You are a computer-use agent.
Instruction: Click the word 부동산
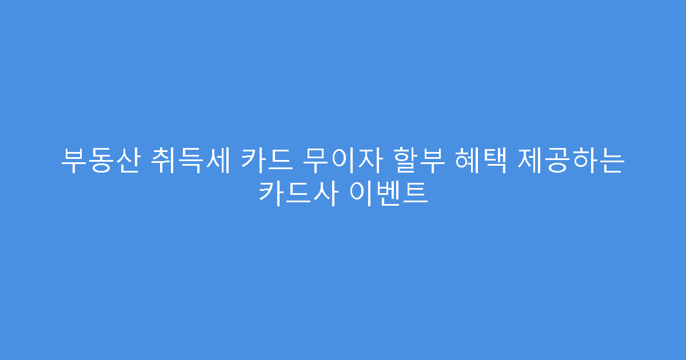point(99,161)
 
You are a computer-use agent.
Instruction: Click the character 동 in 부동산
point(99,161)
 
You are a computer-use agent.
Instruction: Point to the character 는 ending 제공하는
point(611,161)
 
